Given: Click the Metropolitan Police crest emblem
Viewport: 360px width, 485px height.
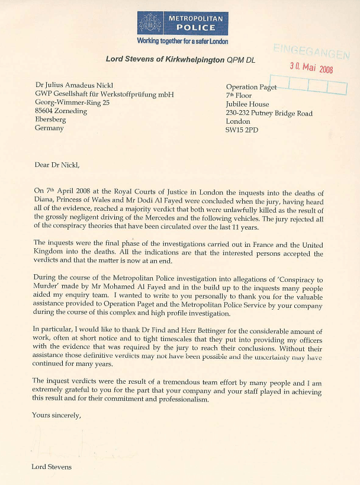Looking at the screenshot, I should point(150,23).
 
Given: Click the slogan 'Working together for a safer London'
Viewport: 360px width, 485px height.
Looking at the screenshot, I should point(182,41).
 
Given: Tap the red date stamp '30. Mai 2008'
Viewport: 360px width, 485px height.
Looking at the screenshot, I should point(311,67).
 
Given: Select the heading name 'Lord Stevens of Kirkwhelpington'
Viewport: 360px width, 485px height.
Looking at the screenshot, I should point(166,59).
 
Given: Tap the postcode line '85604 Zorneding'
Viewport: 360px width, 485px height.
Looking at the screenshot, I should point(61,111).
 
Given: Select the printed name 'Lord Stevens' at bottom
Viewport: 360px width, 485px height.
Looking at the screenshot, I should point(52,467).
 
